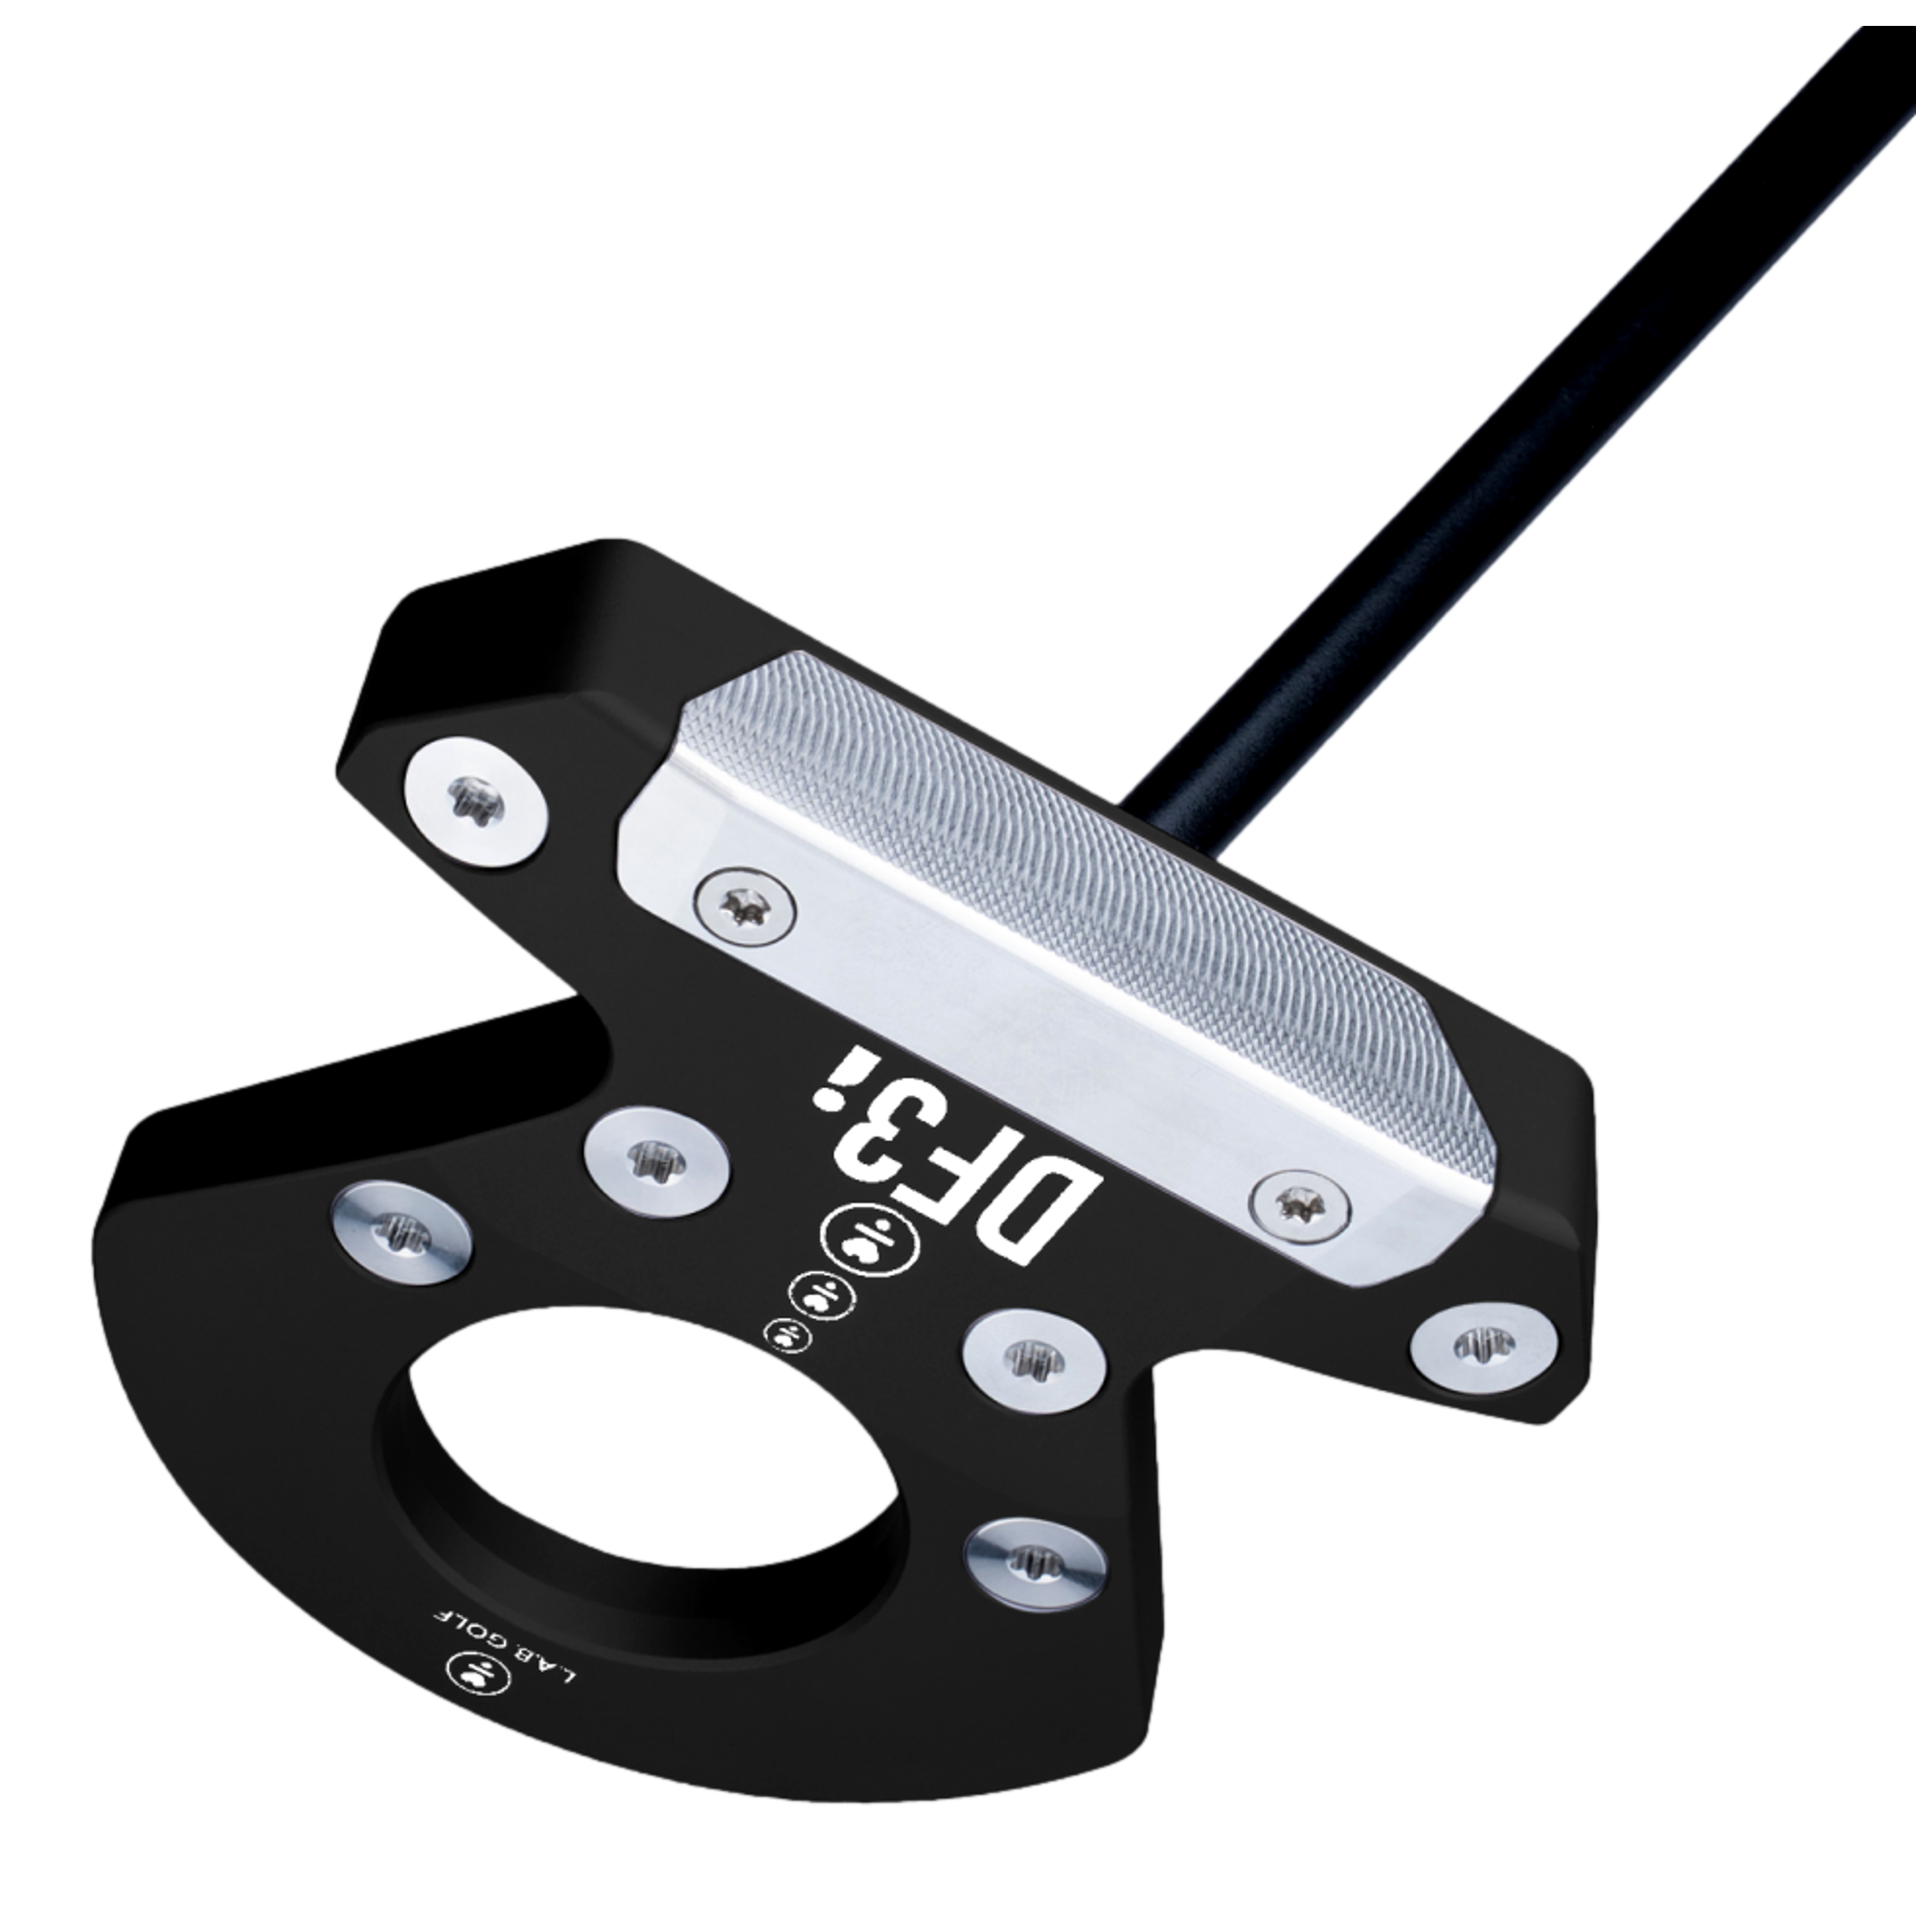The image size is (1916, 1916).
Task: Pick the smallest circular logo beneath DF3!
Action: coord(788,1334)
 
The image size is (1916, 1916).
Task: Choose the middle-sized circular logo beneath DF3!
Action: coord(816,1293)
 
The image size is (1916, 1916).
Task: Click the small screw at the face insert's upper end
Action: coord(745,903)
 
